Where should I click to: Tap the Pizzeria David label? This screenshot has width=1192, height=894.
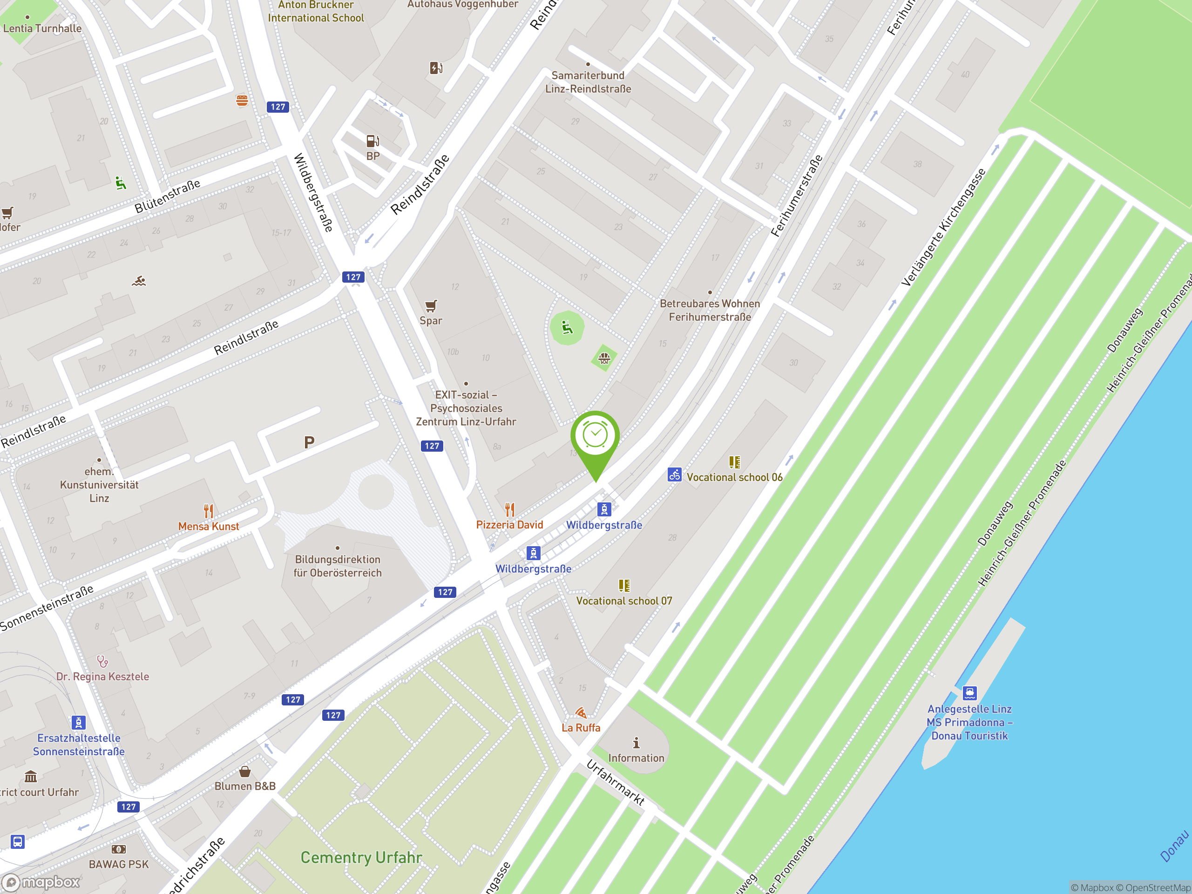point(509,525)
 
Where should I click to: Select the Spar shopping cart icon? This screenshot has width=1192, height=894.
point(431,306)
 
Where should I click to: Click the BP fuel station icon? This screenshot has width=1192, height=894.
point(372,141)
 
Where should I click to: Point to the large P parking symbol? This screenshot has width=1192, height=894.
point(309,442)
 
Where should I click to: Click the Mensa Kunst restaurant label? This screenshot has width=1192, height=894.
point(209,527)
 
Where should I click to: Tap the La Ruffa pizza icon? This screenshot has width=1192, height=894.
point(580,713)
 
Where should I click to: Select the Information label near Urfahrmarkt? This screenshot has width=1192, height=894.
point(636,758)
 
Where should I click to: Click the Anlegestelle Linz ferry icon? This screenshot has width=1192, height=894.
point(969,693)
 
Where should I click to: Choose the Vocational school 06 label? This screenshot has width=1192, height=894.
point(734,477)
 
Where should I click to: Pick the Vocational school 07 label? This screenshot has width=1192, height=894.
point(624,601)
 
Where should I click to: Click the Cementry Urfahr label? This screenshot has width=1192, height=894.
point(361,857)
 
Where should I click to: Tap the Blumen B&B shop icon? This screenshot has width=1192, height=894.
point(244,772)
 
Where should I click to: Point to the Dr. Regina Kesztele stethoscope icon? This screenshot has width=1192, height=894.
point(102,661)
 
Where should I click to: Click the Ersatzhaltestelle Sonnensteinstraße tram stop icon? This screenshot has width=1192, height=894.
point(79,723)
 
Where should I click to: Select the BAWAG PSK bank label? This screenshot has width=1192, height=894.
point(119,864)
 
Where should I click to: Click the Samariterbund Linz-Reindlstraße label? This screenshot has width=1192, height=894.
point(588,82)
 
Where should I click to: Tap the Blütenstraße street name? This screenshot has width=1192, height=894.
point(167,196)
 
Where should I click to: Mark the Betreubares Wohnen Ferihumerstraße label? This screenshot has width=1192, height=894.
point(710,311)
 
